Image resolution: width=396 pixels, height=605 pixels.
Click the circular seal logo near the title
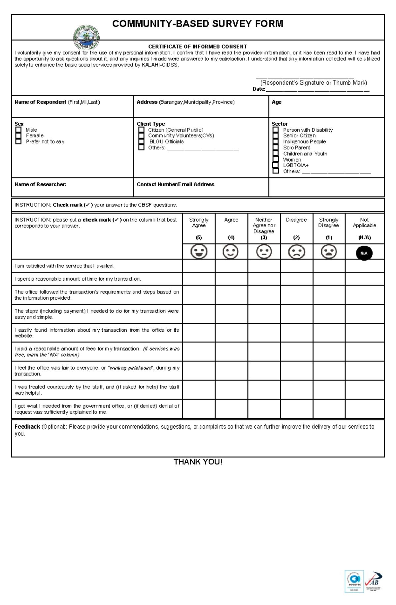86,37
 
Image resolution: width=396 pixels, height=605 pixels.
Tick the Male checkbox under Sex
18,130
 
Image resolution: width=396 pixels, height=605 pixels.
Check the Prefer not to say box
18,141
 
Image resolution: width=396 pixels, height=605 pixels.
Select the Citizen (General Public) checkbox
141,130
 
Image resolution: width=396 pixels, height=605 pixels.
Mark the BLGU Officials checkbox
141,142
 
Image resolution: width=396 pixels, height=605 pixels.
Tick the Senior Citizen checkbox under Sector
276,136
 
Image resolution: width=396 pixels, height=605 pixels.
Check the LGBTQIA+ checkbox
276,165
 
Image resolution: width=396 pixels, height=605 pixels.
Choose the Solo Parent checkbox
276,147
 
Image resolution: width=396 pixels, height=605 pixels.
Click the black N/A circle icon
364,253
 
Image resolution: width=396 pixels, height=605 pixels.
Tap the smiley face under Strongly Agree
199,252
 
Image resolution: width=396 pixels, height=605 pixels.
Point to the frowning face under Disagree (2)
296,252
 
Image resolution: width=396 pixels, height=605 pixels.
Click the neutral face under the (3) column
264,252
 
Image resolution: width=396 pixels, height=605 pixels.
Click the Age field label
277,102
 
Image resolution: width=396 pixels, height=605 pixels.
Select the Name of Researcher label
40,184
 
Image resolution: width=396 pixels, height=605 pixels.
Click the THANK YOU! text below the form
198,462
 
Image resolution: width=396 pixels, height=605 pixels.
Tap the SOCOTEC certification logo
354,582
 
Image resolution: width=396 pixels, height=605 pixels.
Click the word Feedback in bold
27,427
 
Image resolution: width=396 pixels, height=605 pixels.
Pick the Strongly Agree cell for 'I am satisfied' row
199,266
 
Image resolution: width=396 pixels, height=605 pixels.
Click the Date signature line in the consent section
317,89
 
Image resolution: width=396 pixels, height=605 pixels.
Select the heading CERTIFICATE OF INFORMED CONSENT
197,46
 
